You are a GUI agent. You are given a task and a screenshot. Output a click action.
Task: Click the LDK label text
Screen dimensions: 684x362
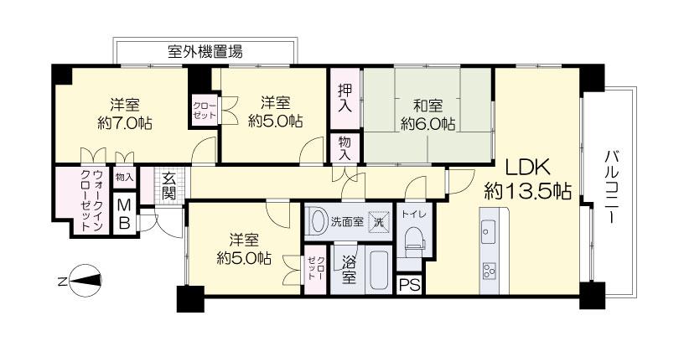pyautogui.click(x=527, y=167)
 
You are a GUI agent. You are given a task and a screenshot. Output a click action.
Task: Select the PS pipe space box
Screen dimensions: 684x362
pyautogui.click(x=410, y=285)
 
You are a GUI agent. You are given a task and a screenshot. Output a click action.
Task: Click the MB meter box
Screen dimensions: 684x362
pyautogui.click(x=125, y=215)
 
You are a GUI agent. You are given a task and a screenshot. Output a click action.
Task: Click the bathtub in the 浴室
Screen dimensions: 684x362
pyautogui.click(x=378, y=269)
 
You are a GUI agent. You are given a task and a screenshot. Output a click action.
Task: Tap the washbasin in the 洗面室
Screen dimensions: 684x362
pyautogui.click(x=318, y=221)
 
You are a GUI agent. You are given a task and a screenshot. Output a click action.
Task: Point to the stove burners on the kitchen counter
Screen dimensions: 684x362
pyautogui.click(x=490, y=271)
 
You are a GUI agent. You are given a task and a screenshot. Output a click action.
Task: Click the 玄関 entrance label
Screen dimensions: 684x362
pyautogui.click(x=168, y=186)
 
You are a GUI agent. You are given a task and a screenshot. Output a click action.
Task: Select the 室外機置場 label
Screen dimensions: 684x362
pyautogui.click(x=205, y=52)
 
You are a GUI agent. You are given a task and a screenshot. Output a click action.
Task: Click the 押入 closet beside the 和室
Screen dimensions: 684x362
pyautogui.click(x=345, y=98)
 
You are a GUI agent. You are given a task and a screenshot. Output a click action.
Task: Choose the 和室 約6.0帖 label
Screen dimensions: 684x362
pyautogui.click(x=428, y=115)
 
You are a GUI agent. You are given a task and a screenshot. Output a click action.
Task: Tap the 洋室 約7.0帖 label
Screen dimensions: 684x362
pyautogui.click(x=125, y=114)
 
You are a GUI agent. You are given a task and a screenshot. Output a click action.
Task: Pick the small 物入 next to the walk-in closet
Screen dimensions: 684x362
pyautogui.click(x=125, y=177)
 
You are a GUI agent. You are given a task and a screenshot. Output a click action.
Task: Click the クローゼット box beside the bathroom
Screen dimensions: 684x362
pyautogui.click(x=315, y=269)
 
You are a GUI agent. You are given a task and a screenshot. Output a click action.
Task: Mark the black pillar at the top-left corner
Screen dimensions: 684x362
pyautogui.click(x=62, y=75)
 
